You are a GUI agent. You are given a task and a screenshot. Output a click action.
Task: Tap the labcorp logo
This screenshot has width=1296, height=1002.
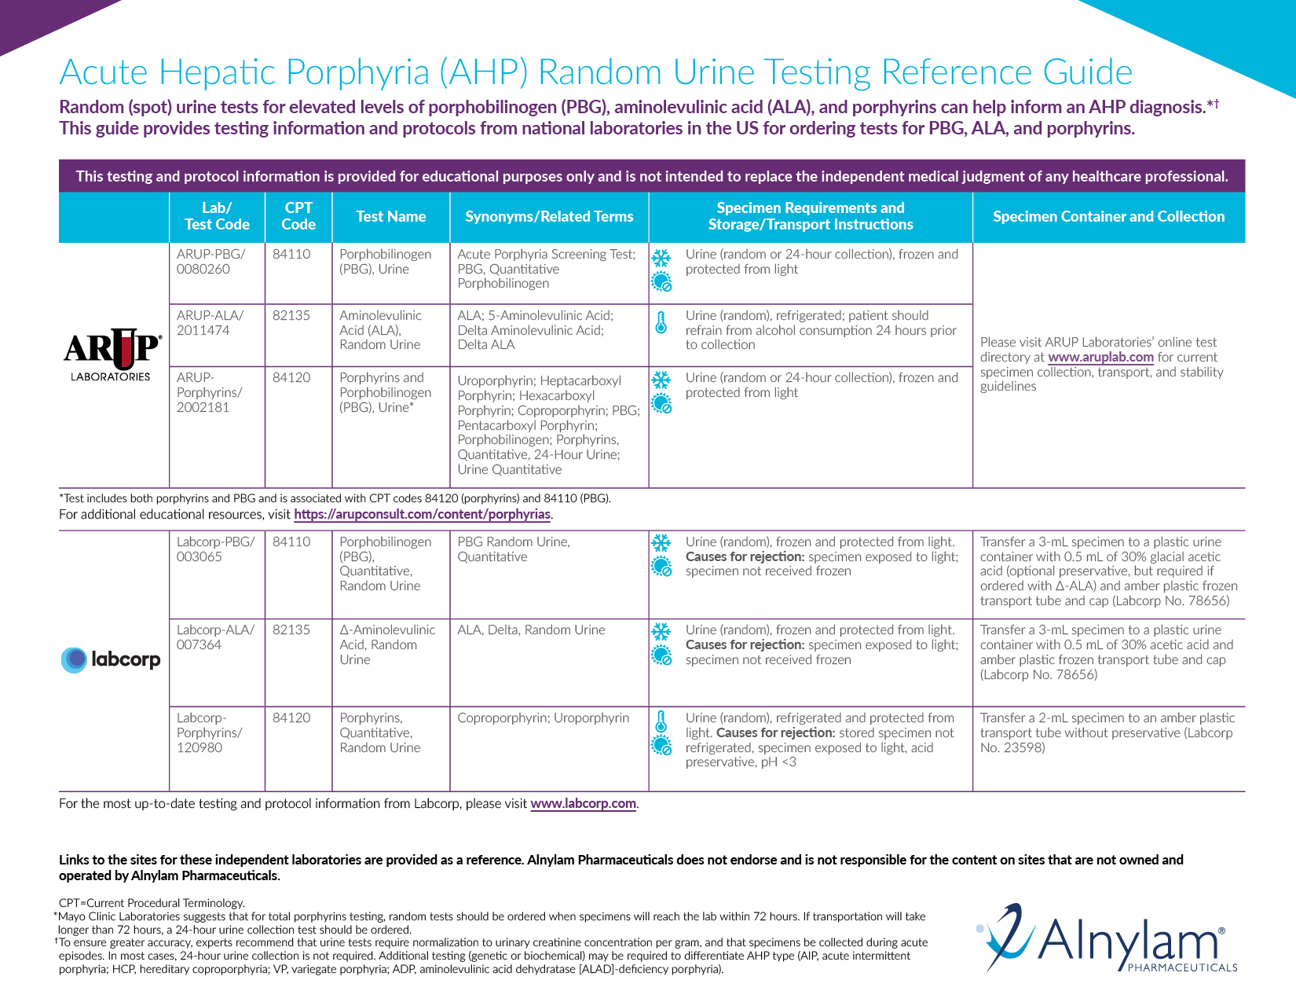111,659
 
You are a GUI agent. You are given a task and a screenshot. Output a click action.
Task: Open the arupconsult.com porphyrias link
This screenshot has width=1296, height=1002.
422,515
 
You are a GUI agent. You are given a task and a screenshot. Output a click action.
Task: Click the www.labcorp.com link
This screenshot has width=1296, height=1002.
583,804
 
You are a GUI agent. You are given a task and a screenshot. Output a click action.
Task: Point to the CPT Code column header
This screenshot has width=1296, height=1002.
298,216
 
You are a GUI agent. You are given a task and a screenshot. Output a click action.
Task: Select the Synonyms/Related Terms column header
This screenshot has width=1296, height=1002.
549,217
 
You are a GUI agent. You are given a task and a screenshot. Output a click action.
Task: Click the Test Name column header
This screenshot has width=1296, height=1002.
390,217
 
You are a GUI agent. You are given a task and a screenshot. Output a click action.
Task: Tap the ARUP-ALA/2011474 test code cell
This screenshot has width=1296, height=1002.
210,323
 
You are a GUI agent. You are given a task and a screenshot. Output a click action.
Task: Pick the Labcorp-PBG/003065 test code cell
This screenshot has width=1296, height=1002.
215,549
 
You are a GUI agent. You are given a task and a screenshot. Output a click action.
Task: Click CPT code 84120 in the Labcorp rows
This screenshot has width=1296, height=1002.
291,718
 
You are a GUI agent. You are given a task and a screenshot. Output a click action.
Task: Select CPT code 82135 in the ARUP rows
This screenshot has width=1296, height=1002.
291,316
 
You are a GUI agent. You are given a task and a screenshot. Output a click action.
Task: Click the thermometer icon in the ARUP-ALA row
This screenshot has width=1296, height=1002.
661,322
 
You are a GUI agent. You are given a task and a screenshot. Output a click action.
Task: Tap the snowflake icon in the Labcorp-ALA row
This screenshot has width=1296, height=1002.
661,631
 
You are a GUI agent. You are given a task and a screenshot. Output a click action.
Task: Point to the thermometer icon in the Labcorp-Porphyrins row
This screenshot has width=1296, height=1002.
661,721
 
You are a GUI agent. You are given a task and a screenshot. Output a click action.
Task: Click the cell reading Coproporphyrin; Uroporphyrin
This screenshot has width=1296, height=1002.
544,718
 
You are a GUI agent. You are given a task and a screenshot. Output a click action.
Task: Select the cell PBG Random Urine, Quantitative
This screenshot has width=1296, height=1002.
514,549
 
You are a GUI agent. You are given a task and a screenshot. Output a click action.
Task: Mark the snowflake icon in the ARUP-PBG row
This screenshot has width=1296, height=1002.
661,258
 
